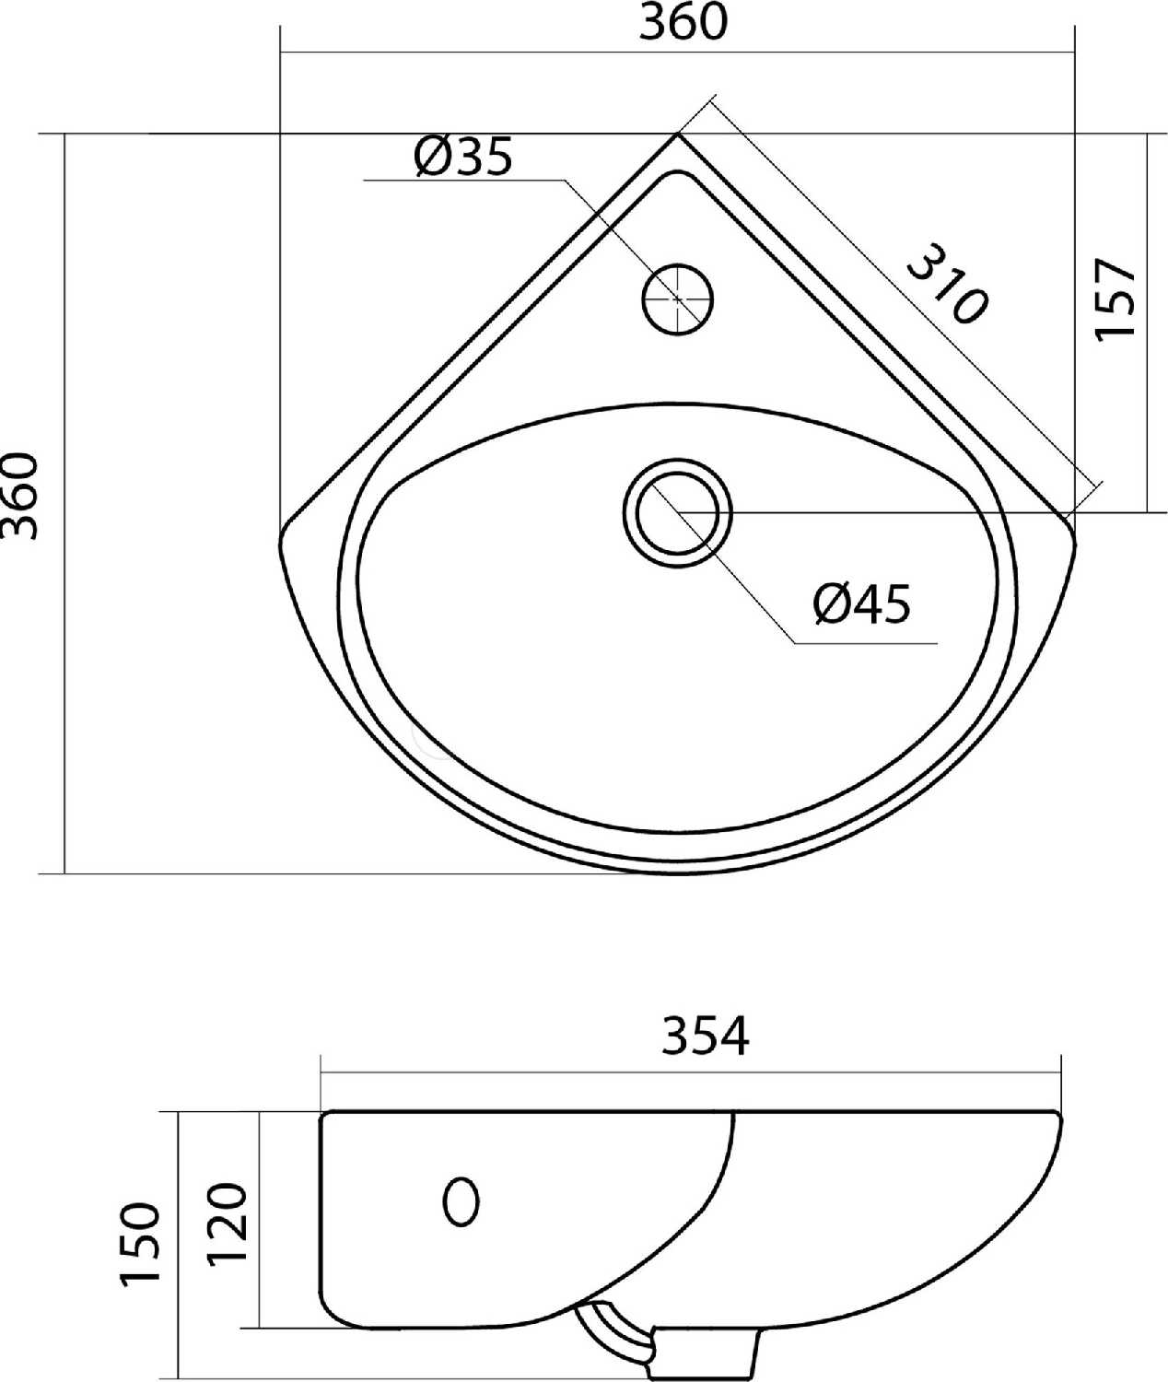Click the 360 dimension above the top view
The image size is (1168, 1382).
(x=682, y=23)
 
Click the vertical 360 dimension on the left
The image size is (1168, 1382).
(x=19, y=497)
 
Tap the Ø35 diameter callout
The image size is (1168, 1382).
(x=462, y=158)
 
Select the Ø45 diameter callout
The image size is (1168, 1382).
(x=862, y=603)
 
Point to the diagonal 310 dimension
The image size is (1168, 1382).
(x=947, y=284)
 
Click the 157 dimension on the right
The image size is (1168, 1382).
(x=1115, y=299)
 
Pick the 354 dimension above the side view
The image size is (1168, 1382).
(x=706, y=1036)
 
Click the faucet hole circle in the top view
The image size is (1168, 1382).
(x=677, y=299)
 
